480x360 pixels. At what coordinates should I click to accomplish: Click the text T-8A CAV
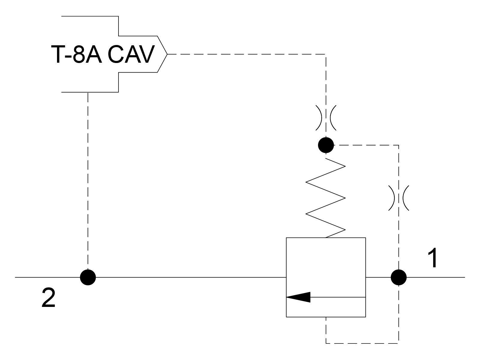103,54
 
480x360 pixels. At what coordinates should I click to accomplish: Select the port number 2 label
49,298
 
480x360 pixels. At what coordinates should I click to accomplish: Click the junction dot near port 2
88,277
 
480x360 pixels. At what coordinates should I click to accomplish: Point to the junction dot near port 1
399,277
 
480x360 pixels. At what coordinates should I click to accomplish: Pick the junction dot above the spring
326,145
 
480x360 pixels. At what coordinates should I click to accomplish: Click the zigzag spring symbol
325,198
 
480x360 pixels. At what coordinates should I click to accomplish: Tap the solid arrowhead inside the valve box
298,297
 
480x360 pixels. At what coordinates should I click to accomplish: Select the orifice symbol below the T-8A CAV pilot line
326,118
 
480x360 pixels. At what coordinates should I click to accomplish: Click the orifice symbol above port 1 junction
399,198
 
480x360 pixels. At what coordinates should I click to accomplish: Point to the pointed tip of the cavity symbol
167,54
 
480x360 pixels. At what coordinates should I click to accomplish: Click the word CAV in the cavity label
131,54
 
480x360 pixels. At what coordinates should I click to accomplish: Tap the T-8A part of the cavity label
76,54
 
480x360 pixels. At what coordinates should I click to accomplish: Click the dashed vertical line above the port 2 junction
88,181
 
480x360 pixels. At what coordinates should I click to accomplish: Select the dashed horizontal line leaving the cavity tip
247,54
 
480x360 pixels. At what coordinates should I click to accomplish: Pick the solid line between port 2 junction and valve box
191,277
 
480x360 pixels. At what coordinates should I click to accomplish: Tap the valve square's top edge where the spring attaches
326,238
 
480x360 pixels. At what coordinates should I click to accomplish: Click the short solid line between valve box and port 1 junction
378,277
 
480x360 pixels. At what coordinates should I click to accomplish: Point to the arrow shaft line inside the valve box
338,297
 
